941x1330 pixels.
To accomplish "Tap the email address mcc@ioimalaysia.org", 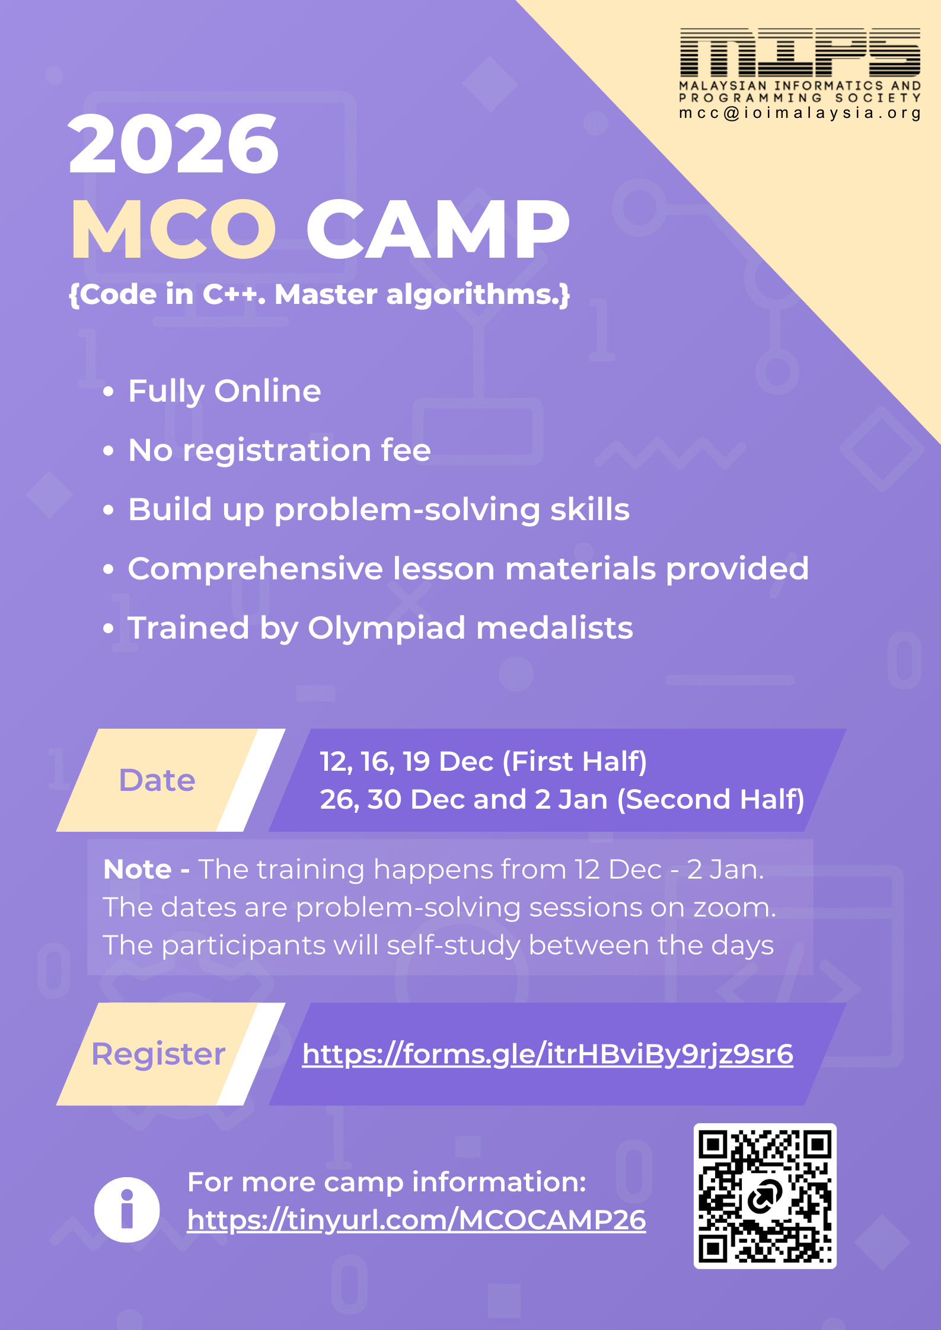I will click(800, 113).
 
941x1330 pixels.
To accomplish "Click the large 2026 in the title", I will click(173, 145).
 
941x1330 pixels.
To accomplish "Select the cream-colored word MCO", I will click(173, 229).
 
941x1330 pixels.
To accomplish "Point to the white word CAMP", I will click(438, 229).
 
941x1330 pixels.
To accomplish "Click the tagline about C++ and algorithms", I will click(319, 294).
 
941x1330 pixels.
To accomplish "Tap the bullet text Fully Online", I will click(225, 391).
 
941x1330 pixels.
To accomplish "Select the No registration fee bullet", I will click(279, 450).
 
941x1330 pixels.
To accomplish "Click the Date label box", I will click(157, 780).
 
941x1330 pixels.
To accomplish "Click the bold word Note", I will click(138, 870).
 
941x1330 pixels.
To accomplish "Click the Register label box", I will click(158, 1055).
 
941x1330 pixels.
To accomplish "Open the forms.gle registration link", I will click(547, 1055).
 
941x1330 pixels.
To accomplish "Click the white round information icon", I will click(127, 1210).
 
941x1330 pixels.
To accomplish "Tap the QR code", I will click(765, 1196).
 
